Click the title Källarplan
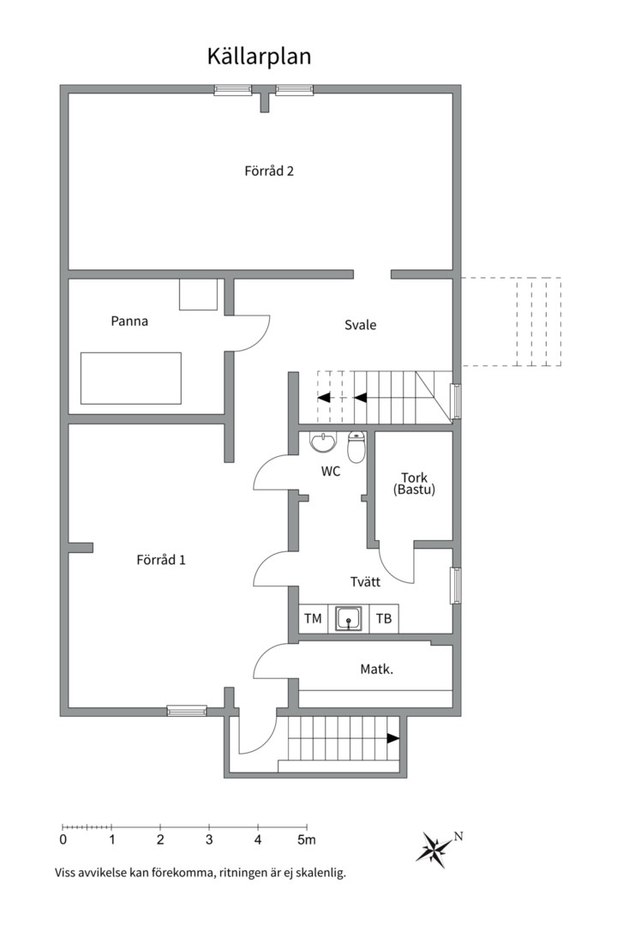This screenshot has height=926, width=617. (258, 57)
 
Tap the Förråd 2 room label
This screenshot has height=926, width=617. (269, 171)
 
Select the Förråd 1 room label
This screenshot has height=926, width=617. (161, 560)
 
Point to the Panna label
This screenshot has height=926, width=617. (129, 322)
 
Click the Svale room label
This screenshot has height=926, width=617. (360, 325)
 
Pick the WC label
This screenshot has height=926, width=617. (331, 471)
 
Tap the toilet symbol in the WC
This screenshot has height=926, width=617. (357, 447)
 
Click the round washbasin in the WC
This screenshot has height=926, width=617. (322, 442)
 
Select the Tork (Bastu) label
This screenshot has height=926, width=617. (414, 484)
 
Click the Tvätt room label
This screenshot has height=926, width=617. (365, 581)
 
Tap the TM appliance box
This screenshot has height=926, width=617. (312, 618)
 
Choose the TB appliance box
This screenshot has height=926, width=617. (384, 618)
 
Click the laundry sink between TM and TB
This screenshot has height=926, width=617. (348, 618)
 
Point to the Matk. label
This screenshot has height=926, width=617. (376, 668)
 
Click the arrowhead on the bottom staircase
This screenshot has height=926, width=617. (393, 737)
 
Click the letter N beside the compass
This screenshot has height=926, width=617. (458, 836)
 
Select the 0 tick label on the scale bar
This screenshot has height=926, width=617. (63, 839)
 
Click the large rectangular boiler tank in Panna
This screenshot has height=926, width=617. (131, 378)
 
